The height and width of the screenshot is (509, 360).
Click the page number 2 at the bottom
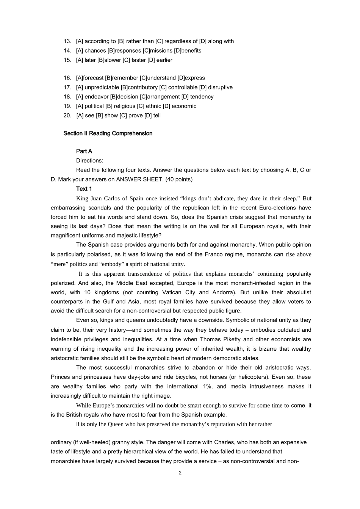180,473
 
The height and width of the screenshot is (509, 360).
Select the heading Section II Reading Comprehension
108,133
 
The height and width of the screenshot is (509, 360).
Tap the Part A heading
84,151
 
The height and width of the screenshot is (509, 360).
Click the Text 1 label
84,189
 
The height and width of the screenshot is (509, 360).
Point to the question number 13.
67,41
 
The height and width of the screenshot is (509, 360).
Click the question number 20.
67,116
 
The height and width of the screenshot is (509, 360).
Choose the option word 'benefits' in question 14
191,51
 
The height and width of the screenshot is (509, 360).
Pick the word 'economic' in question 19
184,106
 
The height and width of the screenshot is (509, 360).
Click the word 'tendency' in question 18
202,97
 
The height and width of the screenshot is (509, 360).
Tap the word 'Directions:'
89,161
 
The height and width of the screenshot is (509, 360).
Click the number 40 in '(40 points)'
171,180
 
